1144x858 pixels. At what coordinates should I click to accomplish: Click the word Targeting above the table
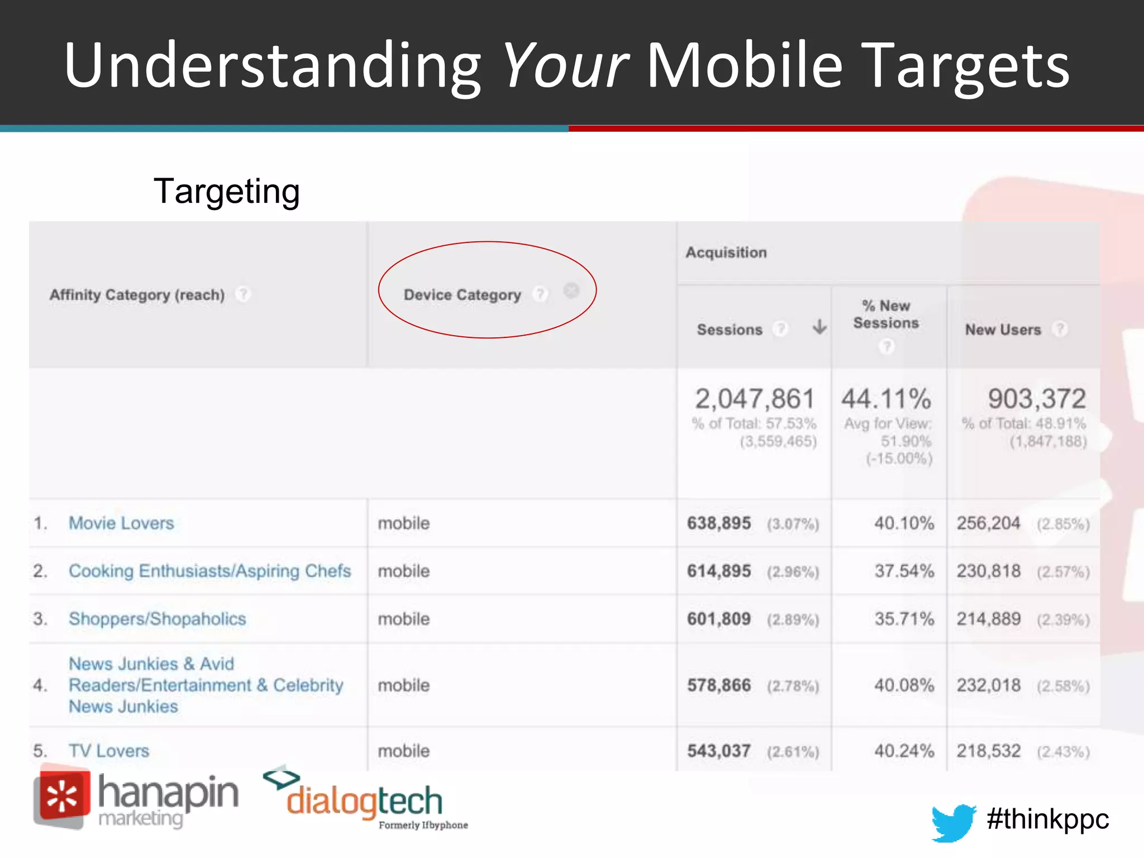[226, 192]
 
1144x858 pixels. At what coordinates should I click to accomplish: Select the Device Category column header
[462, 294]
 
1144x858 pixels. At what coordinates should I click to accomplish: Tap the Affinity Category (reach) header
[137, 294]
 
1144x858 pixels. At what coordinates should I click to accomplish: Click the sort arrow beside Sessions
[819, 327]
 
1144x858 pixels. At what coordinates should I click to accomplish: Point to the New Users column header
[1003, 330]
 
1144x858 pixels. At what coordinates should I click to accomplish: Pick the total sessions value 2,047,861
[755, 399]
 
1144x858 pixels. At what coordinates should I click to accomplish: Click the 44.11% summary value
[886, 399]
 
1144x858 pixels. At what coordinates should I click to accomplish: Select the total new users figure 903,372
[1037, 399]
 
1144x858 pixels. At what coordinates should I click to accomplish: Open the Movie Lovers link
[121, 523]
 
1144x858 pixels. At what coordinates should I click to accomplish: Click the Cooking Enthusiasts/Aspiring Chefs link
[209, 571]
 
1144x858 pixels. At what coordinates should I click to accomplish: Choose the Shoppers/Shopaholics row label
[157, 619]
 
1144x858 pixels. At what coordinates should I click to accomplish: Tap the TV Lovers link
[109, 751]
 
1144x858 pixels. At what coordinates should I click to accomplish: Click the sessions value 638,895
[719, 523]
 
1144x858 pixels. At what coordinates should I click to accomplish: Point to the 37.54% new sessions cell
[904, 571]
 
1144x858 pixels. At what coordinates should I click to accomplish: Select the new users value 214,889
[988, 619]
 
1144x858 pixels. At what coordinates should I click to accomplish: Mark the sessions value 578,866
[719, 685]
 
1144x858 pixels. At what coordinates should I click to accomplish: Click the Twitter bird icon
[953, 822]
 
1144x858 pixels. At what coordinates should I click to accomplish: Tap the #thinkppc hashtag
[1047, 819]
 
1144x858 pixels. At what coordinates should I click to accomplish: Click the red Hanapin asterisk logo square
[63, 796]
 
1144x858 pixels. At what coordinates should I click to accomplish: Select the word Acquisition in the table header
[726, 252]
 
